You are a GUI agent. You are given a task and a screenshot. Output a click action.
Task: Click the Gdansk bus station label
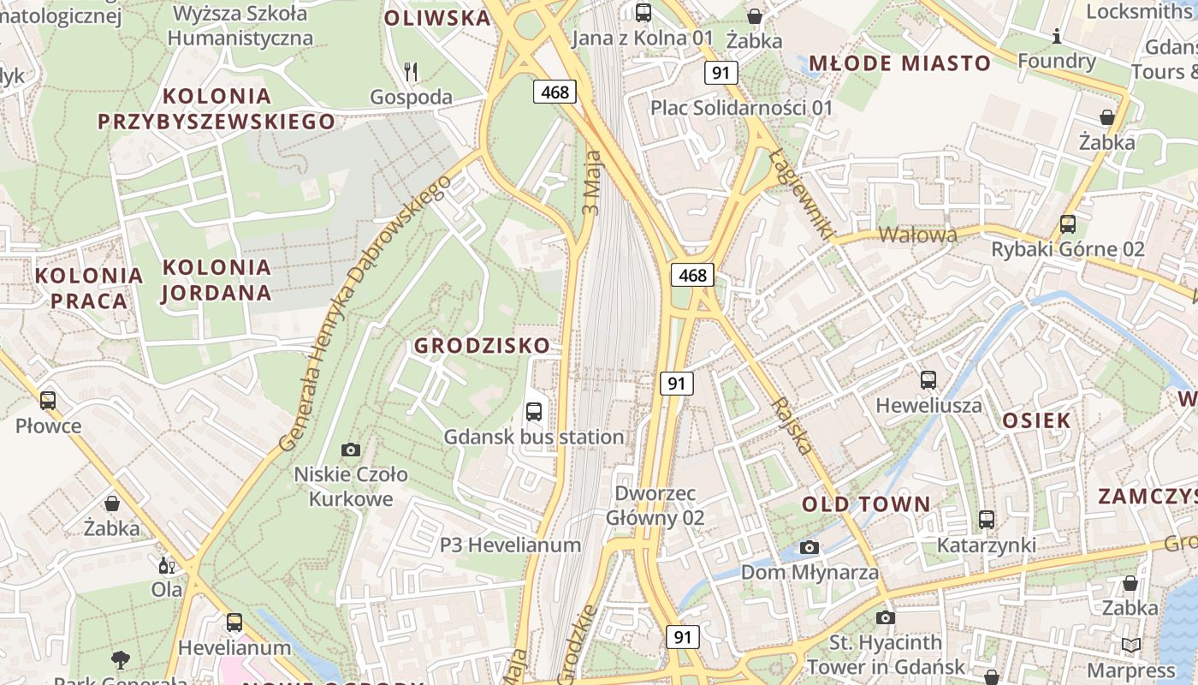click(533, 437)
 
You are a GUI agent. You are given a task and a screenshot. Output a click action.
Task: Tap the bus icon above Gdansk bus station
click(534, 411)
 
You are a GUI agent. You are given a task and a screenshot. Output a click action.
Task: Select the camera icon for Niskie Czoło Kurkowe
click(350, 450)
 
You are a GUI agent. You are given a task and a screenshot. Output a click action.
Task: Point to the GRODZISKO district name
click(482, 346)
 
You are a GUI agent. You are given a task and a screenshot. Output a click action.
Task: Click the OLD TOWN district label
click(865, 504)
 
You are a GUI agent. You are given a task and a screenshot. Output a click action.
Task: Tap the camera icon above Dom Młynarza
click(810, 547)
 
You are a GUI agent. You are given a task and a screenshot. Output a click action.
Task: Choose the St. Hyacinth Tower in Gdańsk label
click(886, 654)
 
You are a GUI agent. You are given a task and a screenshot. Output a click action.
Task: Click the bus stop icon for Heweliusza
click(928, 379)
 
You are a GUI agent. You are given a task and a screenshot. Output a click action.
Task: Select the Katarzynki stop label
click(986, 545)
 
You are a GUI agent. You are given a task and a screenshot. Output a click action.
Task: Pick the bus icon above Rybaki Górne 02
click(1068, 224)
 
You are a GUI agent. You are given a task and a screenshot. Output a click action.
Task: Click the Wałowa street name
click(918, 235)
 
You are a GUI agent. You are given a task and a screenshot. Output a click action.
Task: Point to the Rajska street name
click(792, 425)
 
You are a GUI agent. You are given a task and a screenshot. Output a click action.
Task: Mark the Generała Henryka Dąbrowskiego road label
click(365, 313)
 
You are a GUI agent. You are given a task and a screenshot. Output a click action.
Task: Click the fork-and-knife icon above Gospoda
click(411, 72)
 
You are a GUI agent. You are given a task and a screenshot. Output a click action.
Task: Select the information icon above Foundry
click(1057, 36)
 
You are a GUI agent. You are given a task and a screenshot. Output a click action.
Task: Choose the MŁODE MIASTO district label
click(899, 63)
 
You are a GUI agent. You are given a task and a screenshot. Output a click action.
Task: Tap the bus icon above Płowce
click(48, 400)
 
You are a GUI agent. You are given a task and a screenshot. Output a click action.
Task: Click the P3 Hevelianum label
click(510, 545)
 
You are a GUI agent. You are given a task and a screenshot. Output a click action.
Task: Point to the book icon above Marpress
click(1130, 645)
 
